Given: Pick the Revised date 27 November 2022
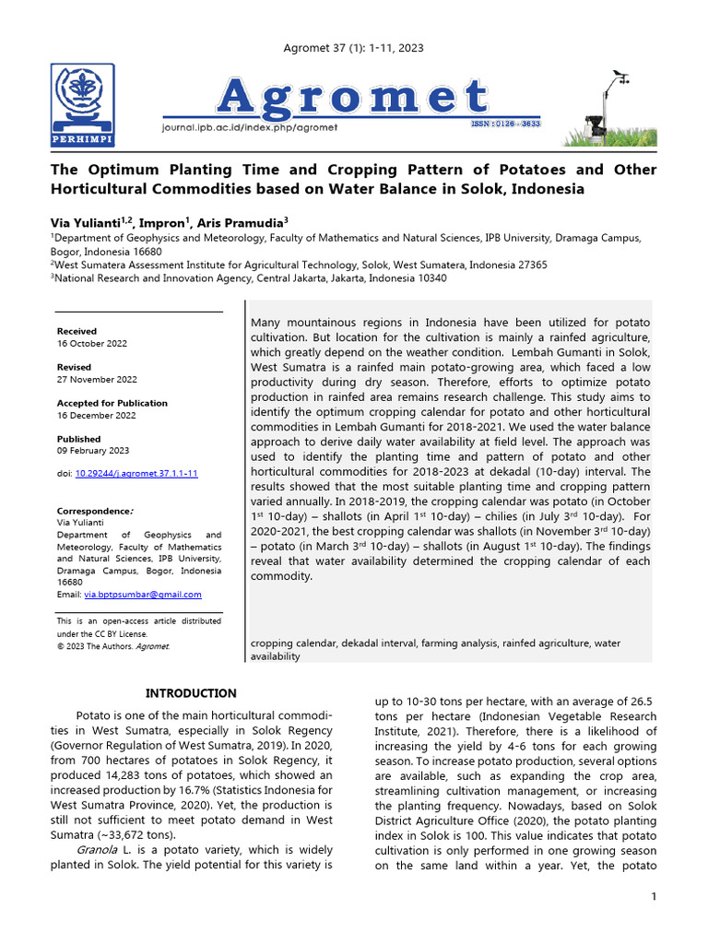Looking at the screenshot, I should tap(97, 379).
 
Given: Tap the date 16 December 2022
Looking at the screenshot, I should tap(97, 415).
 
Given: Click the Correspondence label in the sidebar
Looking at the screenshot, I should tap(95, 511).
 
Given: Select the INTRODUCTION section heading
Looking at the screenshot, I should tap(192, 693).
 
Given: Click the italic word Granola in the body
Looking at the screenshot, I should tap(97, 849).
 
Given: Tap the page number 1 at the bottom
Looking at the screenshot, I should tap(654, 897).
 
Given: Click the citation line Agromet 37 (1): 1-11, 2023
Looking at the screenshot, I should tap(353, 48).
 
